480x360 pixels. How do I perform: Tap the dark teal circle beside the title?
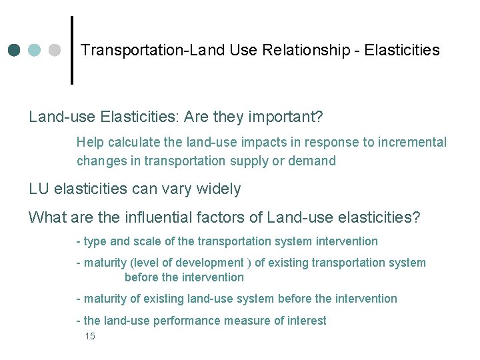(x=15, y=51)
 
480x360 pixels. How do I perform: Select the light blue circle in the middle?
(x=35, y=51)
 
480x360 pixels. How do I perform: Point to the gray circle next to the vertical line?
(x=55, y=51)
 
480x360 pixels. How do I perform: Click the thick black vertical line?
(x=71, y=50)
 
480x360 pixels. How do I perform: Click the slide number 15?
(x=90, y=337)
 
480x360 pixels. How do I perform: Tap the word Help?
(x=90, y=142)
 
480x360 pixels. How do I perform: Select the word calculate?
(x=135, y=142)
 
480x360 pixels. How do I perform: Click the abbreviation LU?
(x=39, y=189)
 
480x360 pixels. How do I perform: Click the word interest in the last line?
(x=307, y=321)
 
